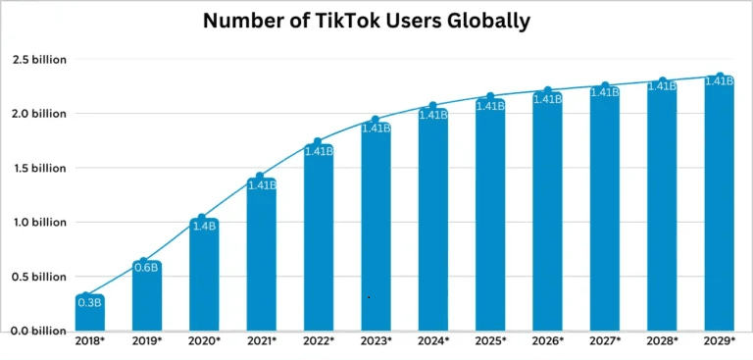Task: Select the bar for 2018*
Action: coord(89,314)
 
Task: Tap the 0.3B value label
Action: coord(89,302)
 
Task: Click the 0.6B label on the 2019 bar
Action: coord(146,268)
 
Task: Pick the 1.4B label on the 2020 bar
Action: coord(204,225)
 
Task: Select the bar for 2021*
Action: coord(261,255)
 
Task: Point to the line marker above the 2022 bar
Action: coord(318,143)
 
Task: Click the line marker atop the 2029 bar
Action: coord(720,77)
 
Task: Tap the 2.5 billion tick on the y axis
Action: coord(39,60)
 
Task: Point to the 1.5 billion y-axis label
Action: coord(39,168)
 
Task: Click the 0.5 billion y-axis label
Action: coord(39,277)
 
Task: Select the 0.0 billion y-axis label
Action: coord(39,331)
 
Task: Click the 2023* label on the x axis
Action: coord(376,340)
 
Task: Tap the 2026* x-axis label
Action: coord(547,340)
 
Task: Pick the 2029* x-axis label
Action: coord(720,340)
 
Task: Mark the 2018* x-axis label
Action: coord(89,340)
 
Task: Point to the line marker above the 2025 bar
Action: coord(490,98)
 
